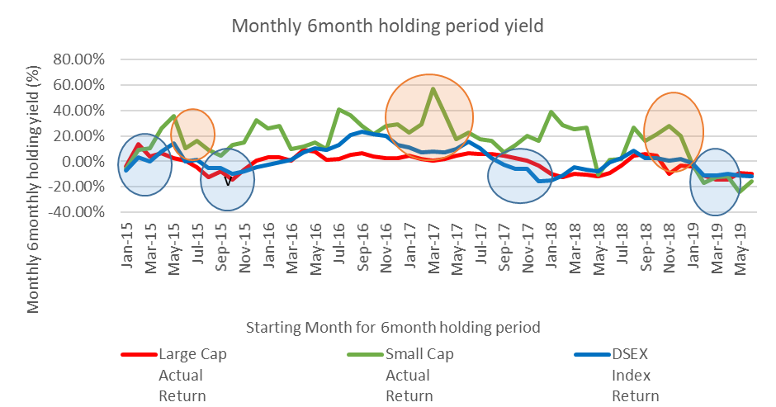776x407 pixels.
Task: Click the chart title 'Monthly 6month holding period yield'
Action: (387, 26)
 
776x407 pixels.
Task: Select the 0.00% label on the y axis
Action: (86, 161)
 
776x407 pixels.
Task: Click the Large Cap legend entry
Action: (192, 355)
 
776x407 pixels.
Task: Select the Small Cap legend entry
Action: (419, 355)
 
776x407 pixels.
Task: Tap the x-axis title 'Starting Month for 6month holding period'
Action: (393, 327)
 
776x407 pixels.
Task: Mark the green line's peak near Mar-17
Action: (433, 88)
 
